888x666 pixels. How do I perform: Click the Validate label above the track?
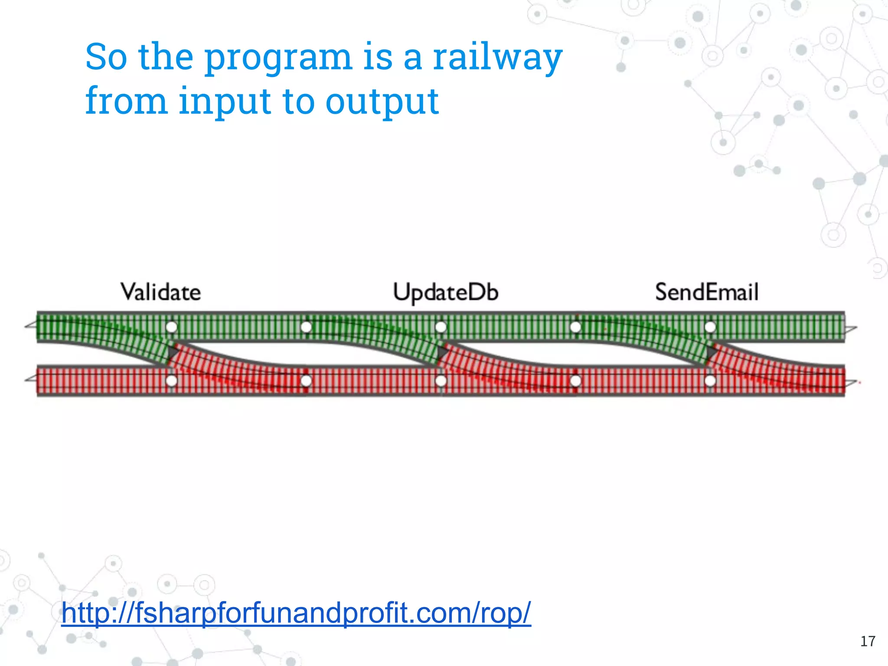[160, 292]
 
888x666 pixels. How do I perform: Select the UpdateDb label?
[445, 292]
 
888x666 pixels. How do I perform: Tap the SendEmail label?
[706, 292]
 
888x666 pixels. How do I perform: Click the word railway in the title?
[497, 58]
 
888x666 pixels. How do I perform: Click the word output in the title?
[382, 102]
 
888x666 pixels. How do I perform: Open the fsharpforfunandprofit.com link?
[296, 613]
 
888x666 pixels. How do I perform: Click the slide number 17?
[868, 641]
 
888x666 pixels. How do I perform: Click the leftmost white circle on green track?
[172, 327]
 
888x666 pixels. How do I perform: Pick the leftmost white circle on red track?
[172, 381]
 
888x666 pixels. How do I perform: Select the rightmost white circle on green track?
[710, 327]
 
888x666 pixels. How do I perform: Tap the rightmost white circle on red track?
[710, 381]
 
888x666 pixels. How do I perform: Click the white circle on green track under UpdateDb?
[441, 327]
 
